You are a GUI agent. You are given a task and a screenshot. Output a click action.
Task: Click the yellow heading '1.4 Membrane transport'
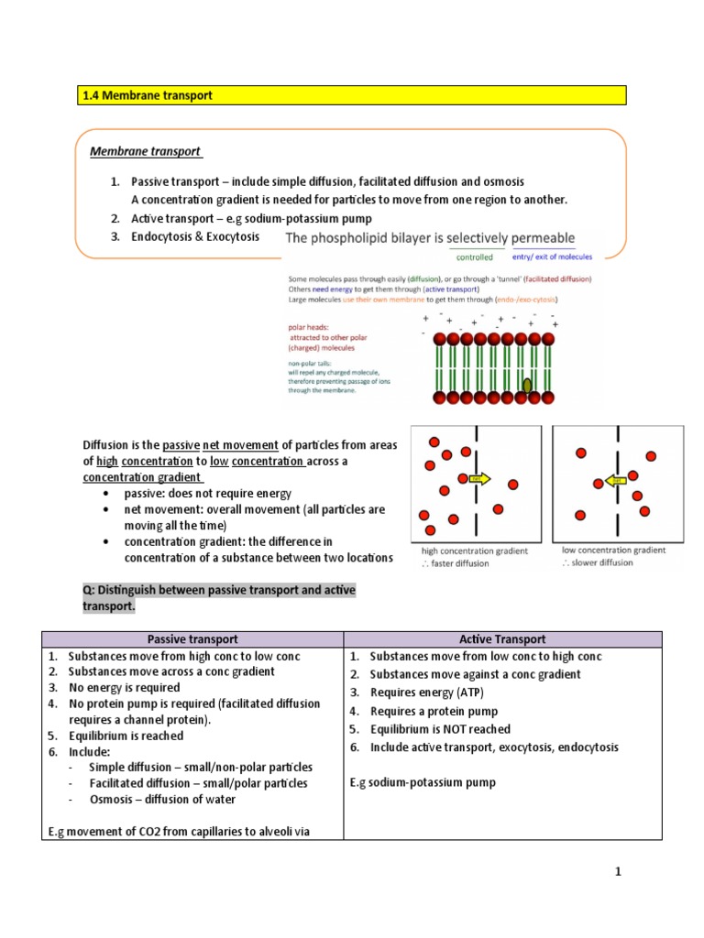[x=148, y=95]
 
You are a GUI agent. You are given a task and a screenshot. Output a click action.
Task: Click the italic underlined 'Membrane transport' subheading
[x=146, y=151]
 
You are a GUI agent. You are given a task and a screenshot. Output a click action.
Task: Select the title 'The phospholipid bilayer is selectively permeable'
[x=431, y=238]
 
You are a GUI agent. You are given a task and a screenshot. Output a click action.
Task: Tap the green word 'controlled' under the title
[x=475, y=257]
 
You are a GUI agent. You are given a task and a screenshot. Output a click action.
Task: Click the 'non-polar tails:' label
[x=313, y=363]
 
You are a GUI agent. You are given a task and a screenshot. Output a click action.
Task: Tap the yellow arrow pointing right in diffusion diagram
[x=479, y=478]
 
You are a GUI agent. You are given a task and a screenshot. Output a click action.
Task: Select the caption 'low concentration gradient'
[x=613, y=550]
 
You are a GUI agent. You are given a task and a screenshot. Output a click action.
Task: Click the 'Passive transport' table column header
[x=192, y=639]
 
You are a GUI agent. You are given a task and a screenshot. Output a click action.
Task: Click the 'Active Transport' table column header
[x=501, y=639]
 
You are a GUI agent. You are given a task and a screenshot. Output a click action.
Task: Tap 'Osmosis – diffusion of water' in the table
[x=162, y=799]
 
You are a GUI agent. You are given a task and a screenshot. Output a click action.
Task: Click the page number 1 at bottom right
[x=618, y=872]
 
